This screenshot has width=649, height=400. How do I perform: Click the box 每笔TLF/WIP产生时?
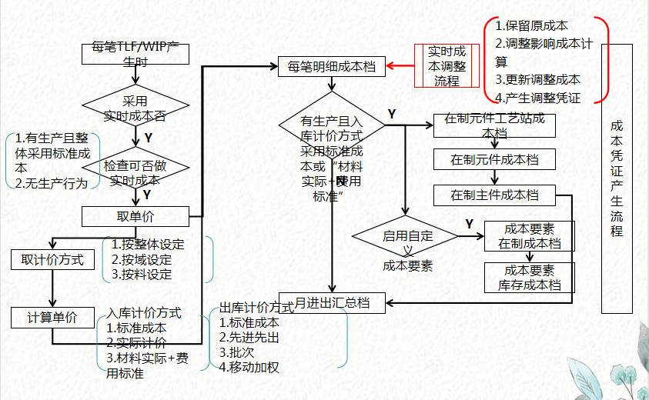[136, 55]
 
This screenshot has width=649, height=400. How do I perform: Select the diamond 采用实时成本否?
[136, 108]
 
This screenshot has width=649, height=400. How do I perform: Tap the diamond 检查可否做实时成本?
[136, 171]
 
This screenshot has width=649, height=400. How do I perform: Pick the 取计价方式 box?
[52, 260]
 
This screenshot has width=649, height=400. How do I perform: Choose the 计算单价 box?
[52, 317]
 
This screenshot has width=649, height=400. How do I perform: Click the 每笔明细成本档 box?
[331, 67]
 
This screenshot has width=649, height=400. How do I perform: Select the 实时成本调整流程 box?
[447, 66]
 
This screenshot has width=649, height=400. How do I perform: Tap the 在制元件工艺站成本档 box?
[494, 125]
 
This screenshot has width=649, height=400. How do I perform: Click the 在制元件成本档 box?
[494, 160]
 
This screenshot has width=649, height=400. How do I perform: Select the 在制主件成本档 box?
[494, 195]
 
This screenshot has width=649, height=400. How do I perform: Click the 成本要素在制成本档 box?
[529, 236]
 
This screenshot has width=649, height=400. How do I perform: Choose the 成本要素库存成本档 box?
[529, 278]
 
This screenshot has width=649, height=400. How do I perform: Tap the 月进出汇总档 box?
[331, 303]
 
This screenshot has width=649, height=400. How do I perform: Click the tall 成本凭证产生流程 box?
[616, 178]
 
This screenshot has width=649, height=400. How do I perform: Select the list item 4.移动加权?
[249, 366]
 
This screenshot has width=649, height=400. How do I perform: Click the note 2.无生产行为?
[51, 183]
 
